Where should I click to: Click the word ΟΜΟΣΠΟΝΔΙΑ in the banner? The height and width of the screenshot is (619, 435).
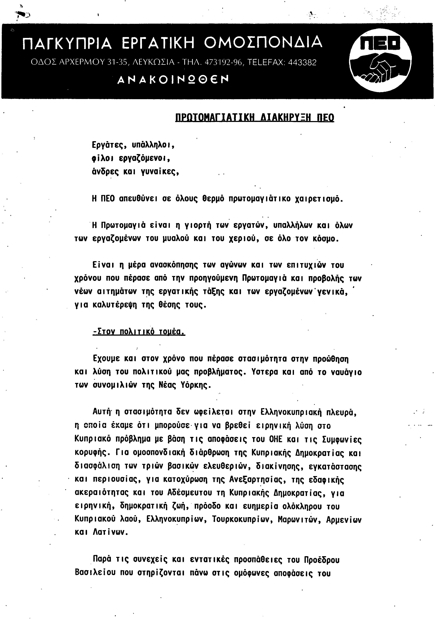click(x=263, y=42)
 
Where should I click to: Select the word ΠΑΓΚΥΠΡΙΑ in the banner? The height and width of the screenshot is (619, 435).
click(x=67, y=43)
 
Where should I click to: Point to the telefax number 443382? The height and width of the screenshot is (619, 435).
click(x=302, y=62)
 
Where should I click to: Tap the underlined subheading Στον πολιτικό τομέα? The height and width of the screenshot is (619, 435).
click(x=139, y=332)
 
